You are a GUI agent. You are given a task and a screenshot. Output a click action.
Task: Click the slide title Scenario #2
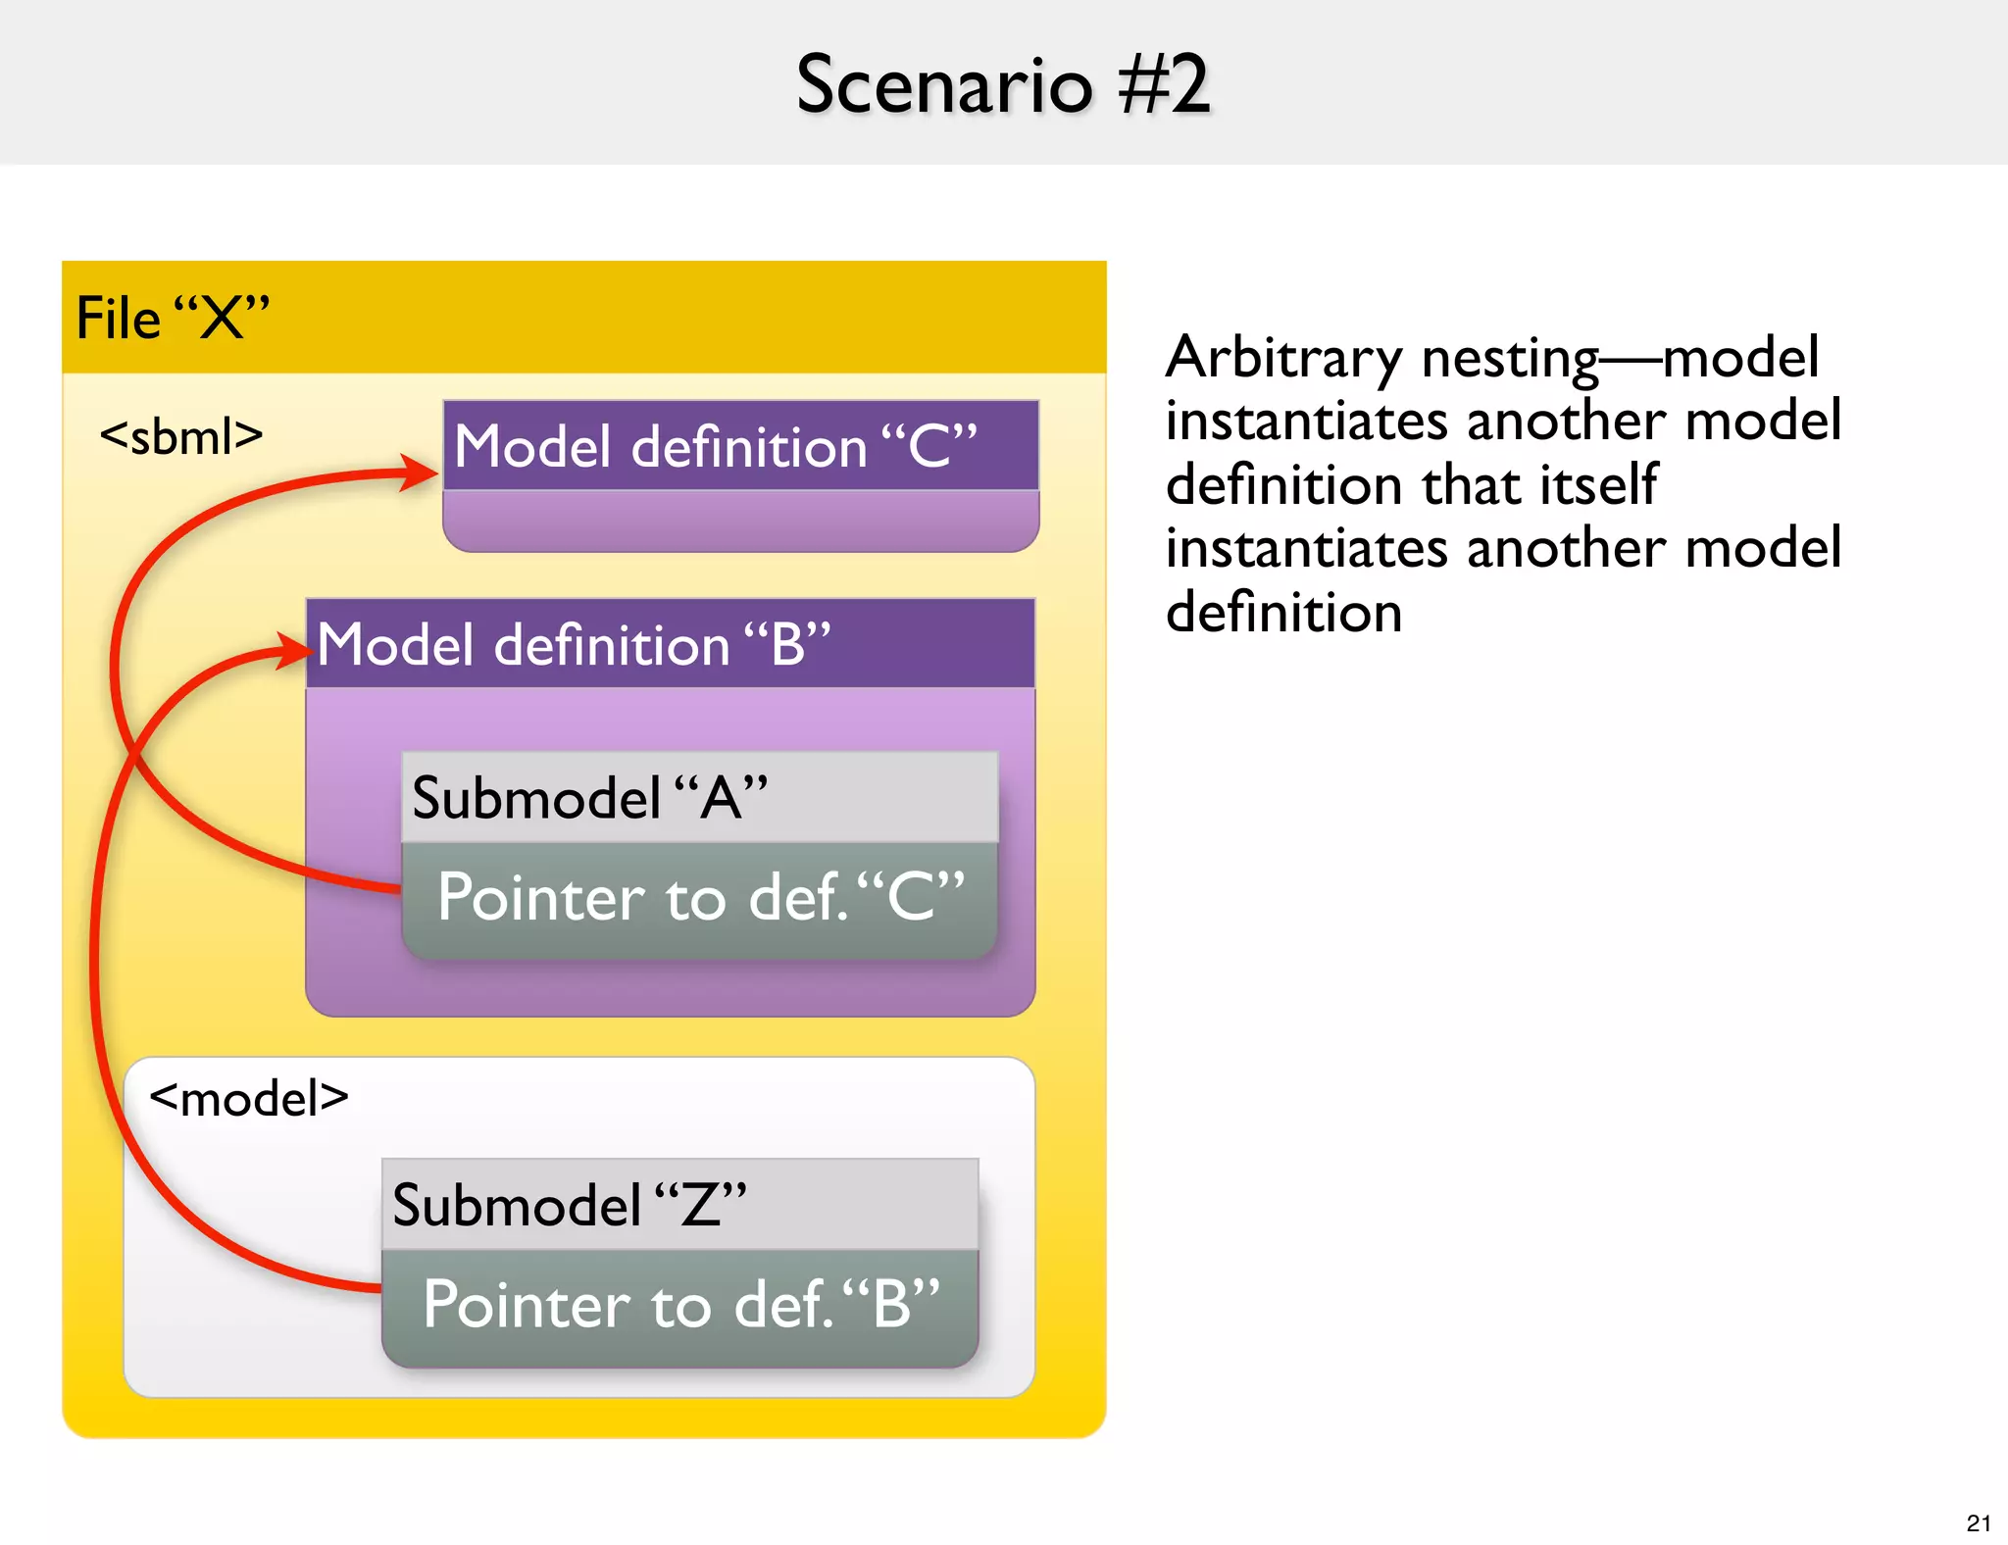pyautogui.click(x=1002, y=85)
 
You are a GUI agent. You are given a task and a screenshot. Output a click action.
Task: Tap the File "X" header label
pyautogui.click(x=173, y=319)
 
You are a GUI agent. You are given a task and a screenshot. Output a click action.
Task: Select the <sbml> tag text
pyautogui.click(x=181, y=436)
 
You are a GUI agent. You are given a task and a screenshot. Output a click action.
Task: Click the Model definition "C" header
pyautogui.click(x=740, y=447)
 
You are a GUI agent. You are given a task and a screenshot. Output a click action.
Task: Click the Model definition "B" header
pyautogui.click(x=671, y=644)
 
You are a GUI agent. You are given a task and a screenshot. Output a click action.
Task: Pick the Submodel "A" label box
pyautogui.click(x=699, y=797)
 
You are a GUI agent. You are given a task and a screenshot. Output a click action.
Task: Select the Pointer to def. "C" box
pyautogui.click(x=699, y=897)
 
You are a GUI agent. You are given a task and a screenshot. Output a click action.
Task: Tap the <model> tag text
pyautogui.click(x=249, y=1098)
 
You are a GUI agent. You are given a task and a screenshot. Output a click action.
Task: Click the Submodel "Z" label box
pyautogui.click(x=679, y=1205)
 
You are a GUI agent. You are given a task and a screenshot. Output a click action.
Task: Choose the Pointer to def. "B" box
pyautogui.click(x=679, y=1305)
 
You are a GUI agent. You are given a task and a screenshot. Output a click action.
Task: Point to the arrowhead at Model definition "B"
pyautogui.click(x=293, y=650)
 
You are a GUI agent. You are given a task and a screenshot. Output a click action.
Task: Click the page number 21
pyautogui.click(x=1978, y=1523)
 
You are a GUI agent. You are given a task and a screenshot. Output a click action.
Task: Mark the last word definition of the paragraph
pyautogui.click(x=1283, y=613)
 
